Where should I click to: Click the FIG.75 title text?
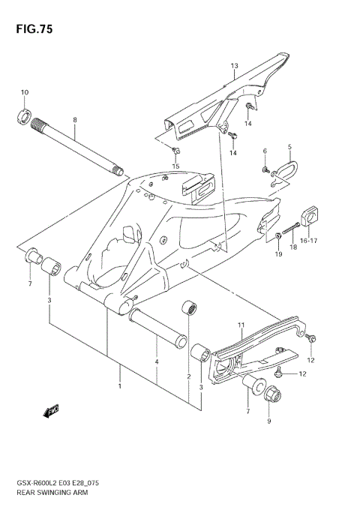click(31, 29)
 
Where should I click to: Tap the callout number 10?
click(24, 92)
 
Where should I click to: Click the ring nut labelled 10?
click(23, 115)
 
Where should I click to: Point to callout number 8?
click(75, 120)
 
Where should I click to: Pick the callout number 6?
click(265, 152)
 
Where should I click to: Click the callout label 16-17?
click(310, 241)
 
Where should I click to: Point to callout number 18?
click(293, 245)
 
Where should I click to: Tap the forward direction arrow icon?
click(52, 410)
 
